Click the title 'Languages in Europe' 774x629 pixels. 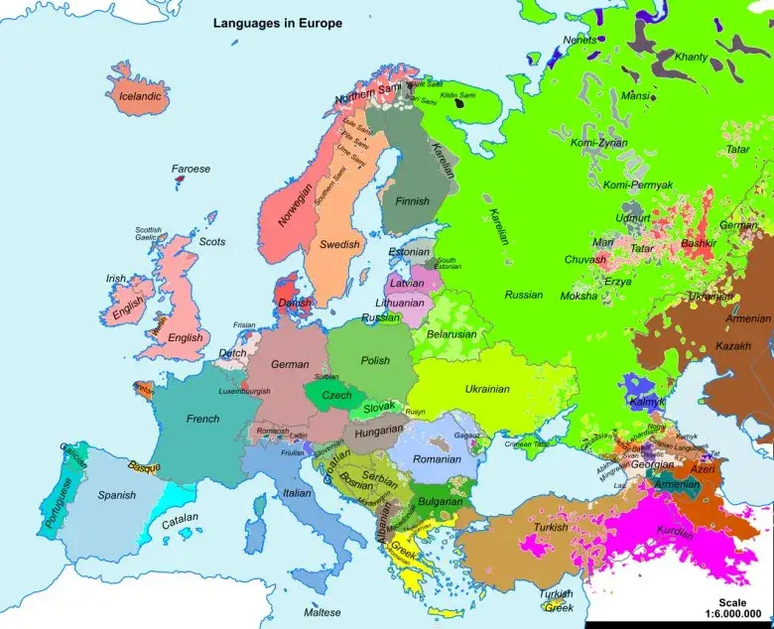coord(278,23)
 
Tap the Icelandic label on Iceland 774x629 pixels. coord(139,97)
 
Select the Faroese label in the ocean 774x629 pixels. coord(191,169)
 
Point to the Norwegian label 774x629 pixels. coord(295,202)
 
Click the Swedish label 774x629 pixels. coord(338,244)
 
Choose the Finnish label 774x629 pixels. coord(412,201)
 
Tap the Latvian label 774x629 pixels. coord(406,283)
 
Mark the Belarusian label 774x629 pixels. coord(451,334)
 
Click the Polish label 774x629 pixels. coord(375,361)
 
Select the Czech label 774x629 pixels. coord(337,395)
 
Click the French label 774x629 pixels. coord(203,419)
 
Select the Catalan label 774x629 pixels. coord(181,518)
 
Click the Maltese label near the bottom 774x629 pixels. coord(322,612)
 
